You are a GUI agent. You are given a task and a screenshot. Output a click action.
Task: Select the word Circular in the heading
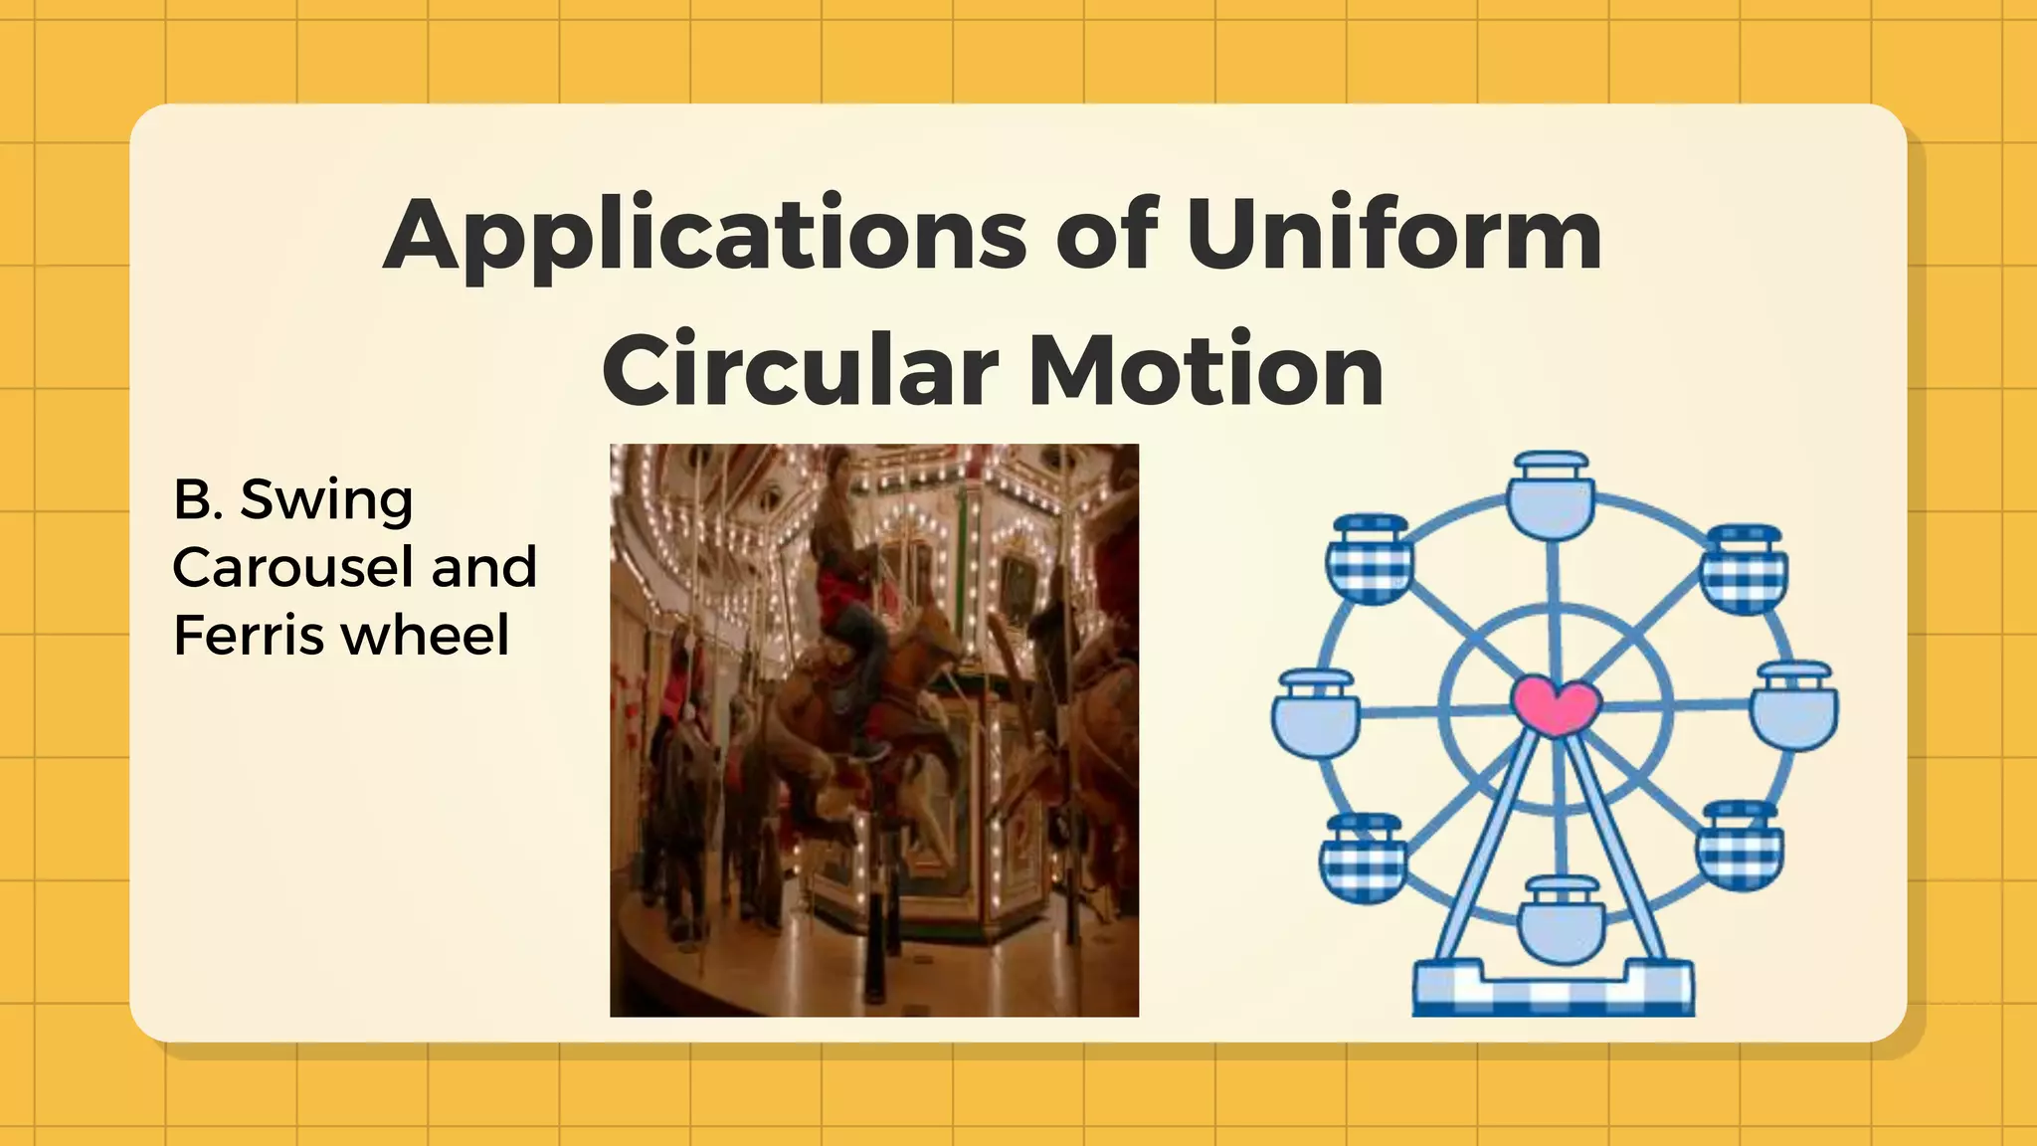point(800,371)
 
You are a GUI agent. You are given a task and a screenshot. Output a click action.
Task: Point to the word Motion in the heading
point(1204,371)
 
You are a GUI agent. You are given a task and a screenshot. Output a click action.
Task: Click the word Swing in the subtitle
point(326,501)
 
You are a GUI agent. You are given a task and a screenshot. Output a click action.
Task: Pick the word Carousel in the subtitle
point(292,568)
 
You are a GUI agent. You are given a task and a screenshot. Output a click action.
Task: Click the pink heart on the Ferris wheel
point(1556,704)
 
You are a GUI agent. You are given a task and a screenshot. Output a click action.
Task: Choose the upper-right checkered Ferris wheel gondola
point(1743,569)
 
